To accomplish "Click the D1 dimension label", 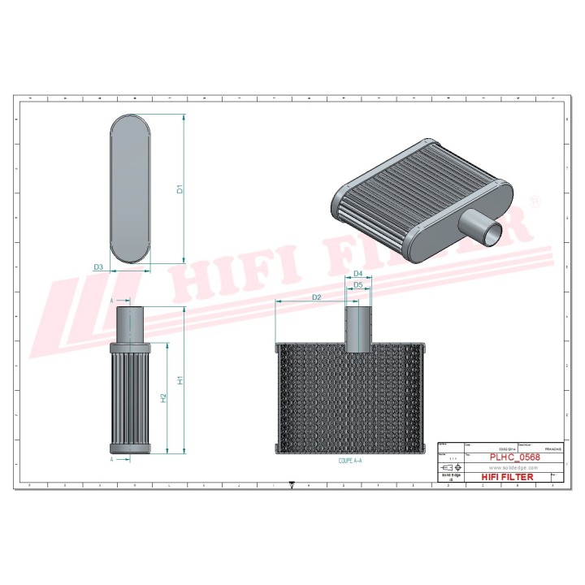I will [x=180, y=190].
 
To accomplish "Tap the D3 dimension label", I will [x=98, y=266].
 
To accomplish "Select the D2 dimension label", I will [x=317, y=298].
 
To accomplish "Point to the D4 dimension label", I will [x=357, y=274].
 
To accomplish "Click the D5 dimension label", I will [x=357, y=286].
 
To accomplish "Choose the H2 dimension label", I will [x=163, y=398].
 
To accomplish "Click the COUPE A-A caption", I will [x=350, y=461].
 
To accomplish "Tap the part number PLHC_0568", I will [x=514, y=457].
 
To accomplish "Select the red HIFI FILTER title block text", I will [x=508, y=478].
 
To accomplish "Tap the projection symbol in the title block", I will [x=448, y=469].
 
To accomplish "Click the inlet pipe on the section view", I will [x=357, y=327].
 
